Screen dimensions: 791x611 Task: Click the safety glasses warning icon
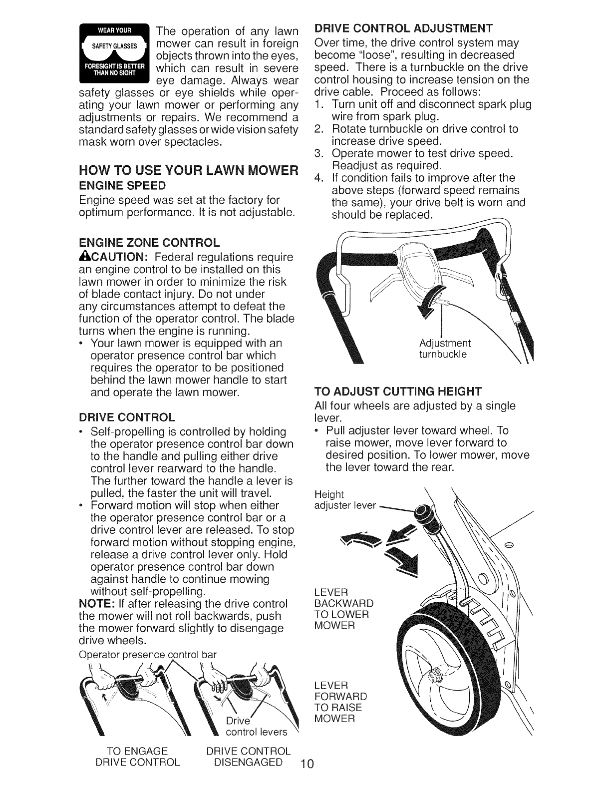point(114,52)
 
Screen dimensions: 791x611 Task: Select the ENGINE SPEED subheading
point(122,186)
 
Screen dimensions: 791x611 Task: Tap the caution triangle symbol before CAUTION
point(84,257)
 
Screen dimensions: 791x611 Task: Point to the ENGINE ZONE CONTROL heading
point(149,243)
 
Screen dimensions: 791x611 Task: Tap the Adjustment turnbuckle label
point(444,349)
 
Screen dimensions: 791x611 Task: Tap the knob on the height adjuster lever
point(425,512)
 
